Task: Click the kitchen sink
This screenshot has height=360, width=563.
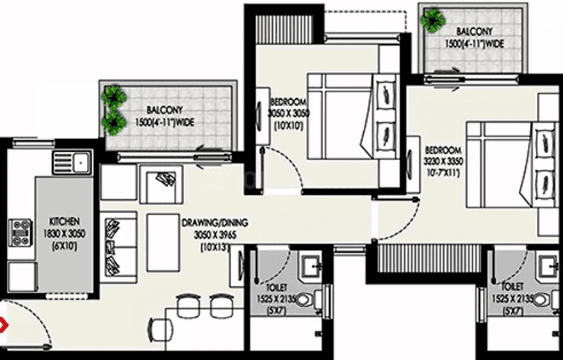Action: click(x=72, y=162)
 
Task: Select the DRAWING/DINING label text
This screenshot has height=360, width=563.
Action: click(x=215, y=222)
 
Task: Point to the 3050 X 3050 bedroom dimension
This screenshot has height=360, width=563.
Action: click(x=288, y=113)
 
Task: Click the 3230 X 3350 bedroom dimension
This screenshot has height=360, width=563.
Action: click(x=443, y=161)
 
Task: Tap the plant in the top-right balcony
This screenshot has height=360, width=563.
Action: click(x=433, y=20)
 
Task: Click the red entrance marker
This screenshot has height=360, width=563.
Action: click(x=3, y=325)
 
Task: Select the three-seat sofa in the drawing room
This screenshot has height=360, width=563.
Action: click(x=118, y=247)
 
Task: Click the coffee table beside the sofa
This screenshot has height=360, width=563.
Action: click(x=163, y=243)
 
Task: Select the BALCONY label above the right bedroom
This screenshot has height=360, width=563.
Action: click(x=475, y=31)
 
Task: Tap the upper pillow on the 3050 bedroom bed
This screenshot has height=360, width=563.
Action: click(x=386, y=94)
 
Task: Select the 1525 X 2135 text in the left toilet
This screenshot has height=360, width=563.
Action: click(x=276, y=299)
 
